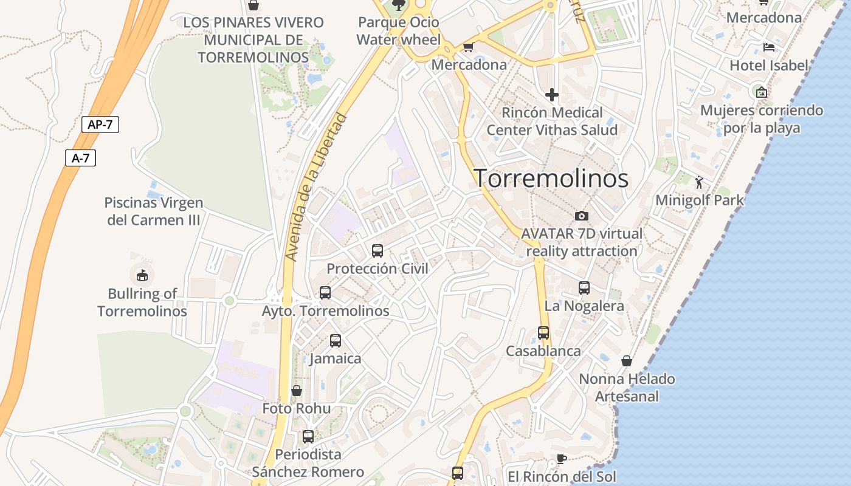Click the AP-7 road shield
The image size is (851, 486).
[x=100, y=125]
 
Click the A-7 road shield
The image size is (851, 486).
[x=80, y=159]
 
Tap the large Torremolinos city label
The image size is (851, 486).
[x=551, y=179]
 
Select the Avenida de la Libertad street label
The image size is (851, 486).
[x=316, y=187]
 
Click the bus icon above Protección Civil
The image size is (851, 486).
[x=377, y=250]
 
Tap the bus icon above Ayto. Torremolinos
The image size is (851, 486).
[x=325, y=293]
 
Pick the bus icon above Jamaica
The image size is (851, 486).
[x=336, y=341]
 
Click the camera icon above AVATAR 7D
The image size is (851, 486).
[x=582, y=216]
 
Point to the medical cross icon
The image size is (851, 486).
[x=552, y=95]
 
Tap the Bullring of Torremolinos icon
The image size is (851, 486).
[x=142, y=275]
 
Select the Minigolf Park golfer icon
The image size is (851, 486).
[x=700, y=182]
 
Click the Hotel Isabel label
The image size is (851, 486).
[x=769, y=65]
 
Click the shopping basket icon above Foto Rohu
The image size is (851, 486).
[x=297, y=391]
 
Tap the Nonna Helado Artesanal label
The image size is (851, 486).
[x=627, y=388]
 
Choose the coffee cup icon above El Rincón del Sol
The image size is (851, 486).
[x=562, y=459]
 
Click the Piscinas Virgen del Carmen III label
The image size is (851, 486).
[x=154, y=211]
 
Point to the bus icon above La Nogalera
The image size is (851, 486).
[x=584, y=288]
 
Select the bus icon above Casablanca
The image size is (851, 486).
[x=543, y=333]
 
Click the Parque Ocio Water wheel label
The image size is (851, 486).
[x=398, y=31]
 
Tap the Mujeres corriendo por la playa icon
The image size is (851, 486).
[x=761, y=92]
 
